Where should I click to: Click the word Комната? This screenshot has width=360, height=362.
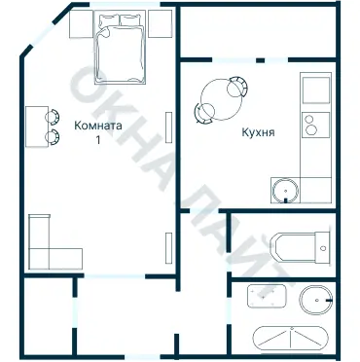click(x=97, y=125)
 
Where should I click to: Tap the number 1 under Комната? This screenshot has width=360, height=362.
click(x=97, y=140)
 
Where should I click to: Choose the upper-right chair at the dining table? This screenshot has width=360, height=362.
click(x=234, y=84)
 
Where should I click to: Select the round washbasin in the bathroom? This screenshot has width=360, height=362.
click(x=314, y=301)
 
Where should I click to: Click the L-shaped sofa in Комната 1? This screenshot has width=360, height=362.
click(x=47, y=245)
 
